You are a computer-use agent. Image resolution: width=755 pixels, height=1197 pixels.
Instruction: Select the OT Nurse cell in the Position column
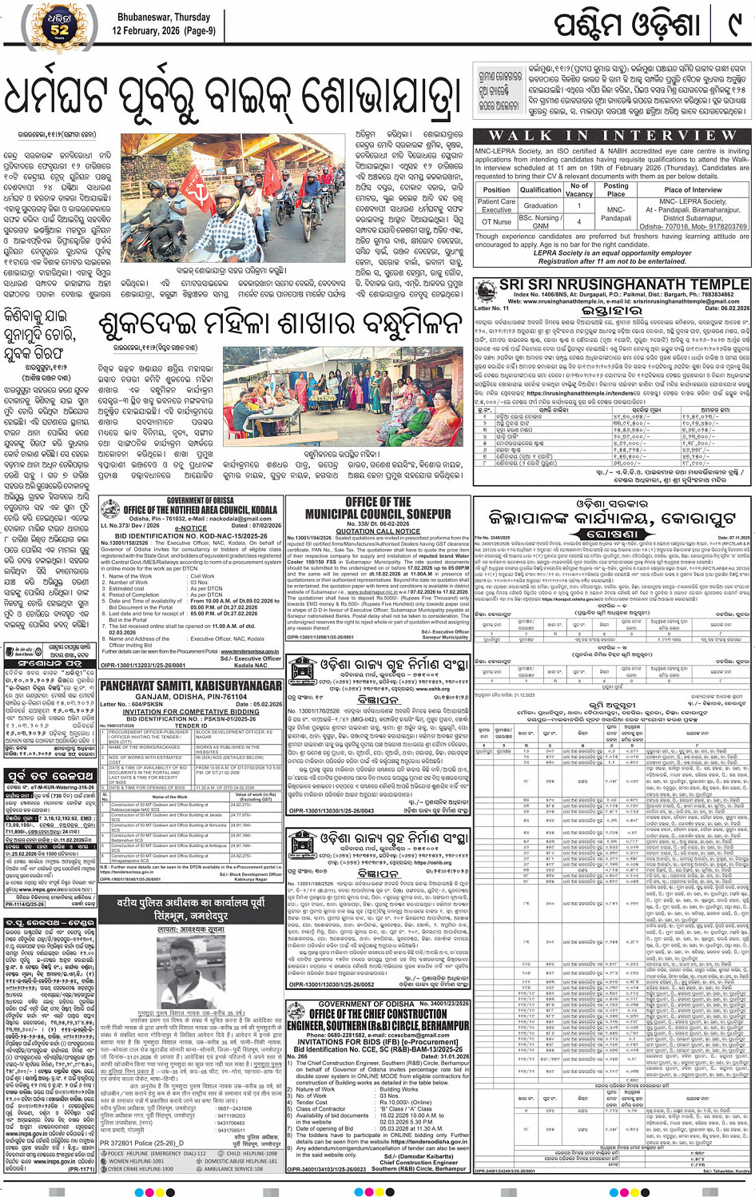coord(496,221)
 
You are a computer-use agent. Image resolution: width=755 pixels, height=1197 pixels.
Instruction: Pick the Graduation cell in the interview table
coord(540,205)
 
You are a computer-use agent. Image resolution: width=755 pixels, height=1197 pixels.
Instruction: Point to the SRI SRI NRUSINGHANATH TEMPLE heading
coord(624,284)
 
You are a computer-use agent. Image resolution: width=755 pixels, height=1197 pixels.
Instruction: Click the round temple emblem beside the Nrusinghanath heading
coord(485,290)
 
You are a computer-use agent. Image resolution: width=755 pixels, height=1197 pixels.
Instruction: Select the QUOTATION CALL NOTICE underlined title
coord(377,531)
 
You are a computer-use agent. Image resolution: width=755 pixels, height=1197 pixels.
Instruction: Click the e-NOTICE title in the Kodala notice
coord(190,528)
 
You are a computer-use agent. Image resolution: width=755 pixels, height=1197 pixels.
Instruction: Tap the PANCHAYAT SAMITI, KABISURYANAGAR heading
coord(191,686)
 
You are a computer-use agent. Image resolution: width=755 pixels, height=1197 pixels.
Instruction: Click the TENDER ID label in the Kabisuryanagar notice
coord(191,726)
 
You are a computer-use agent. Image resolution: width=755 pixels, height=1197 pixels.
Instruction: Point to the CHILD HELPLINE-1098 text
coord(240,1153)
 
